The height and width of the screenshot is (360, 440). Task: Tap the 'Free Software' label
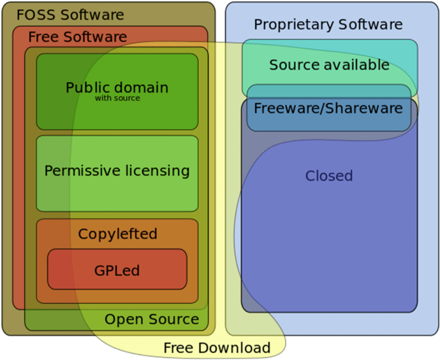coord(77,37)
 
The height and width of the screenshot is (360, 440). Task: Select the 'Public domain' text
coord(117,87)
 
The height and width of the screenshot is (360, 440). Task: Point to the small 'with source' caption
coord(117,98)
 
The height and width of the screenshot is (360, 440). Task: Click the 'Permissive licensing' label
coord(117,171)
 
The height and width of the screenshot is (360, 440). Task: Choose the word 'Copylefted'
coord(117,234)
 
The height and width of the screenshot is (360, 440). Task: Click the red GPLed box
coord(117,270)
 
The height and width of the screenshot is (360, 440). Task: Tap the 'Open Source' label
coord(152,319)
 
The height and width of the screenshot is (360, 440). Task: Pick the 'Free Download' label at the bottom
coord(217,348)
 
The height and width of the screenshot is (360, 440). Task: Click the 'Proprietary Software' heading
coord(328,25)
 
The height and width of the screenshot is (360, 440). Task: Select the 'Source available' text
coord(329,64)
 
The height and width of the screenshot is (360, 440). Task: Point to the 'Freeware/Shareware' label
coord(328,108)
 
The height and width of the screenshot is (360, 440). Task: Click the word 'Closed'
coord(329,176)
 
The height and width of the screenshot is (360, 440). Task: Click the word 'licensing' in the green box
coord(158,171)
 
